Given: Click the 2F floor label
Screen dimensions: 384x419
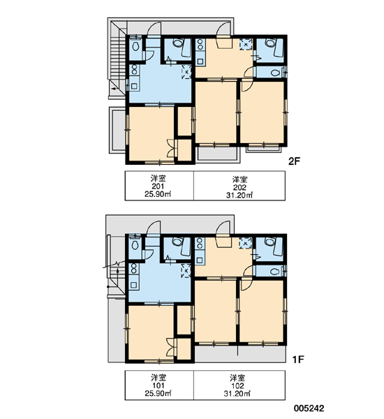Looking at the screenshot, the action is (x=294, y=161).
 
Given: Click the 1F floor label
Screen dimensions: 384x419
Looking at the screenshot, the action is (x=298, y=360).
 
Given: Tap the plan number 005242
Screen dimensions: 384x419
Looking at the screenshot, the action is (x=309, y=409).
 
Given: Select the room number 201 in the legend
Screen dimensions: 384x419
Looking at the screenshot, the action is (x=158, y=186).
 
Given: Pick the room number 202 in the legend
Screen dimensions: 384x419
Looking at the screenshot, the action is (x=239, y=188).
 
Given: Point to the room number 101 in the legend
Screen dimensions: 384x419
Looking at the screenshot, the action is (x=158, y=385).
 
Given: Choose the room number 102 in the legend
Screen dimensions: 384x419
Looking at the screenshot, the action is (x=238, y=386).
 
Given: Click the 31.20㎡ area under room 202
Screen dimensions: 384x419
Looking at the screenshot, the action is (x=239, y=196).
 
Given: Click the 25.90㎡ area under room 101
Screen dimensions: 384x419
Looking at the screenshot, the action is (x=158, y=393).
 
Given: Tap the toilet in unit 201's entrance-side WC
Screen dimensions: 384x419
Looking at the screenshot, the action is (x=135, y=47).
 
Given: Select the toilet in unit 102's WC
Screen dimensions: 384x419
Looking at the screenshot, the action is (x=274, y=272).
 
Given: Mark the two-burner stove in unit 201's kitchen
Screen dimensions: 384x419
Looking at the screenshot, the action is (x=134, y=70).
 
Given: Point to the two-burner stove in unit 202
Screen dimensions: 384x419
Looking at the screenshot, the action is (x=200, y=45).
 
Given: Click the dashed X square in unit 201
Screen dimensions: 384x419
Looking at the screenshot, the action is (x=186, y=72).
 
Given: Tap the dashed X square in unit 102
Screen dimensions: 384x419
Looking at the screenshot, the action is (x=245, y=243).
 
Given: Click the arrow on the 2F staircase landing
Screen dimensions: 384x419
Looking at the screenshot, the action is (x=115, y=89).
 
